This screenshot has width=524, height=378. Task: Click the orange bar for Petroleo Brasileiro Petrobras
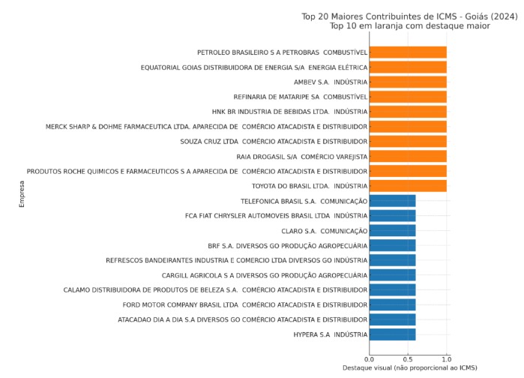408,52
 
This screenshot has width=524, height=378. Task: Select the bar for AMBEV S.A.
408,82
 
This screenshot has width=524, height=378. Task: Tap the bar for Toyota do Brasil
408,186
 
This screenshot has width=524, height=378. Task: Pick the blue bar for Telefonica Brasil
392,201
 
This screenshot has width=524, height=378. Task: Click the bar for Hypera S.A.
392,334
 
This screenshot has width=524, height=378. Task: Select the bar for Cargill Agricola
392,275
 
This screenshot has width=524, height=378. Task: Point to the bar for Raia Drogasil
408,156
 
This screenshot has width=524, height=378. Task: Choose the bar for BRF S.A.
392,245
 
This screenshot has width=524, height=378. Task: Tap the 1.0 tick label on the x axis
447,359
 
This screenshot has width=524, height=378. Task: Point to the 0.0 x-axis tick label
369,359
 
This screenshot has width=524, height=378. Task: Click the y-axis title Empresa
22,193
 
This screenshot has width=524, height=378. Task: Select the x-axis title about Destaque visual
409,368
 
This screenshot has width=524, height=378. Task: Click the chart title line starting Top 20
409,16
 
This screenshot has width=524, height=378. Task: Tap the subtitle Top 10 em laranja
409,25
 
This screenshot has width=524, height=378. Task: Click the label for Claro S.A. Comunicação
324,231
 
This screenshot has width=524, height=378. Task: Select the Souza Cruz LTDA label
274,142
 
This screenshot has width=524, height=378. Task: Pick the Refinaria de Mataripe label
300,97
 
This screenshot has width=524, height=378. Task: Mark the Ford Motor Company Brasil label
244,305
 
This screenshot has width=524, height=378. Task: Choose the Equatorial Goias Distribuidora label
253,67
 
